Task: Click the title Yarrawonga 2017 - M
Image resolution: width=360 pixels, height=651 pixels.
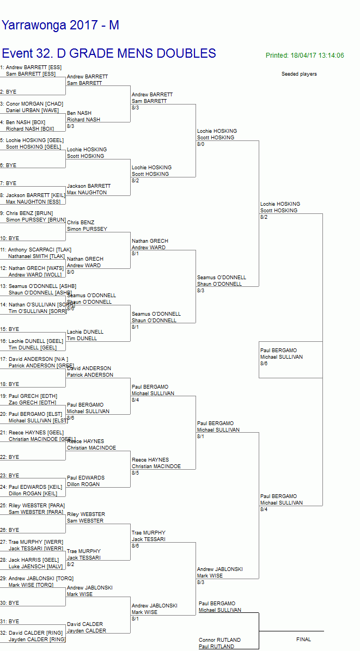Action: point(60,25)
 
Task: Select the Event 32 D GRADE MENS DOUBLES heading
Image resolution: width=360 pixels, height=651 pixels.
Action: point(109,53)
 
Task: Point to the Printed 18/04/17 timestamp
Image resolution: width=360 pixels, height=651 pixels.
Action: point(304,56)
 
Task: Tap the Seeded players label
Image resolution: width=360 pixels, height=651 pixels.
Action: point(299,74)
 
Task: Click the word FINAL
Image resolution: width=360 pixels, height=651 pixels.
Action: point(303,640)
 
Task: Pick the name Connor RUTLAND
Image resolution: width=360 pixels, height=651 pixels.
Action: point(219,640)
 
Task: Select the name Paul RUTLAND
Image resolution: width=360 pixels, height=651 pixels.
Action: point(216,647)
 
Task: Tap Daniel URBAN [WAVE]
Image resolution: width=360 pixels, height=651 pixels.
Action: point(32,110)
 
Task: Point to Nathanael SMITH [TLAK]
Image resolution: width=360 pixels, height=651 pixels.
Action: point(36,256)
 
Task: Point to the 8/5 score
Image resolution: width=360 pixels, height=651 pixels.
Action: point(135,473)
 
